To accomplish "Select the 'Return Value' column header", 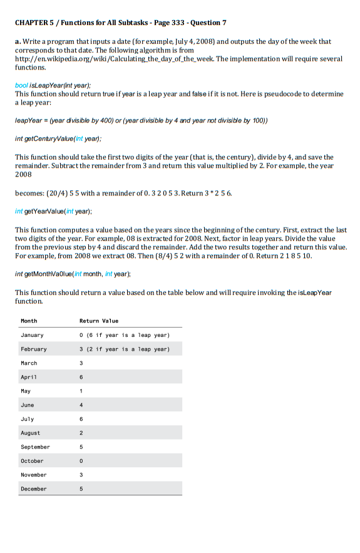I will point(99,321).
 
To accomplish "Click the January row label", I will point(33,335).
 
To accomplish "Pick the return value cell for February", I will point(125,349).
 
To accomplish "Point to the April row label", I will point(29,377).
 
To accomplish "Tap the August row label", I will point(31,433).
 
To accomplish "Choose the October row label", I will point(33,460).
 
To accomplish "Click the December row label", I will point(34,488).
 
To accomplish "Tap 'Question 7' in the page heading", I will point(207,23).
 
